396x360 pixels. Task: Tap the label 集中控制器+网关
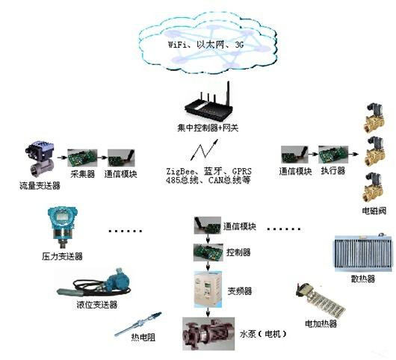tap(208, 128)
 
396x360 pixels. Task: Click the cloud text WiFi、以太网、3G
tap(205, 45)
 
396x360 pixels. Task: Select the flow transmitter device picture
tap(40, 159)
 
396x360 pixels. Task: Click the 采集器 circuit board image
tap(82, 158)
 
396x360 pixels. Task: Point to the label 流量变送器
tap(40, 186)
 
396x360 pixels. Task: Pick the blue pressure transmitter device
tap(63, 227)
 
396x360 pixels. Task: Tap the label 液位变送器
tap(97, 305)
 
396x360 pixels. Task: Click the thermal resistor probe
tap(137, 324)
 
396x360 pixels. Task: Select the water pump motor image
tap(208, 334)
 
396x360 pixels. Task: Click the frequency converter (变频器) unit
tap(208, 289)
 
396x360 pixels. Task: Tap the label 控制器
tap(238, 252)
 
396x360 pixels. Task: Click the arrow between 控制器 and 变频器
tap(208, 266)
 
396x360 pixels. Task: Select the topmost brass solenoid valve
tap(374, 117)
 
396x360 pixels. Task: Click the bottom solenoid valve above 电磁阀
tap(374, 187)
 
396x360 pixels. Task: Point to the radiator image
tap(364, 252)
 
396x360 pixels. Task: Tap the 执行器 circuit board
tap(333, 155)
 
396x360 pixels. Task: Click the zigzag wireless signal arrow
tap(204, 149)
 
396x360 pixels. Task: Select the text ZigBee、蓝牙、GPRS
tap(208, 172)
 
